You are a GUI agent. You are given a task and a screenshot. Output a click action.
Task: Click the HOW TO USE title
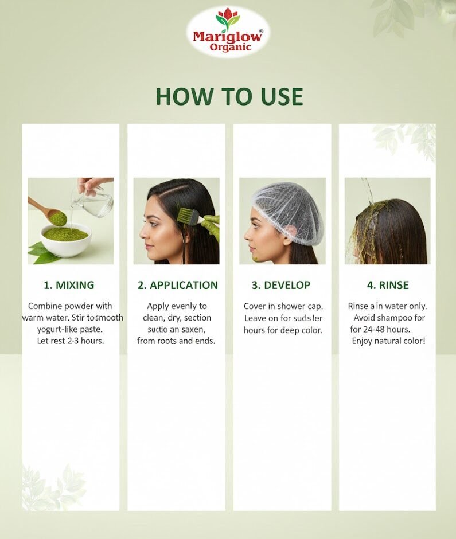tap(229, 96)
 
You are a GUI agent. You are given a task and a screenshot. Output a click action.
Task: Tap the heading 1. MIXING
tap(69, 285)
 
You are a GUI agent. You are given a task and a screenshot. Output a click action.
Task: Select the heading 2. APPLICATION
tap(178, 285)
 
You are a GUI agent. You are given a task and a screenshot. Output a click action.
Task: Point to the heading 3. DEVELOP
tap(281, 285)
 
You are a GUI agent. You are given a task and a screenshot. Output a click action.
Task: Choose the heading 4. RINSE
tap(388, 285)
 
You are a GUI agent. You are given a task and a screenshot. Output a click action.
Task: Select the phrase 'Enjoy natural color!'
tap(388, 342)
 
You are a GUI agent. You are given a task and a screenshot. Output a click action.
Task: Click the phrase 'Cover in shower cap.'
tap(283, 306)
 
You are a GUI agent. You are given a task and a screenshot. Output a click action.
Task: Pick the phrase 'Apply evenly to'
tap(177, 306)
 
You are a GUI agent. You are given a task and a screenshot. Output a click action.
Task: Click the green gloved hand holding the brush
tap(211, 226)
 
